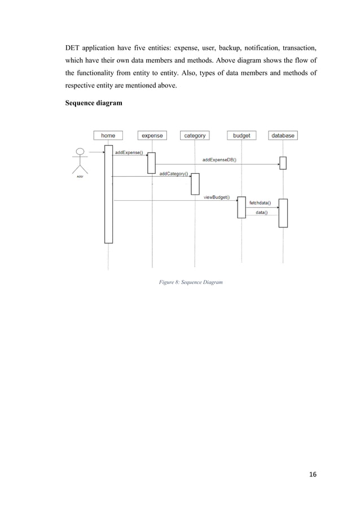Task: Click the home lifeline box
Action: tap(108, 135)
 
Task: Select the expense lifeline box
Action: tap(152, 135)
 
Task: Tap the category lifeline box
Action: tap(195, 135)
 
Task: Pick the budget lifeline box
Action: tap(242, 135)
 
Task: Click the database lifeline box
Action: tap(283, 135)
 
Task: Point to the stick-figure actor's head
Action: tap(81, 152)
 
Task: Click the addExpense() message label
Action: tap(129, 152)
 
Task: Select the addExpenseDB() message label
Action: tap(219, 160)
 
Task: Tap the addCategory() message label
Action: tap(174, 174)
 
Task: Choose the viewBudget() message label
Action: tap(217, 197)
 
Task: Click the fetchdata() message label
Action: tap(260, 203)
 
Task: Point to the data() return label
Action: tap(262, 212)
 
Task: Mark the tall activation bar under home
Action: tap(108, 195)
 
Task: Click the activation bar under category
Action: tap(195, 183)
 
